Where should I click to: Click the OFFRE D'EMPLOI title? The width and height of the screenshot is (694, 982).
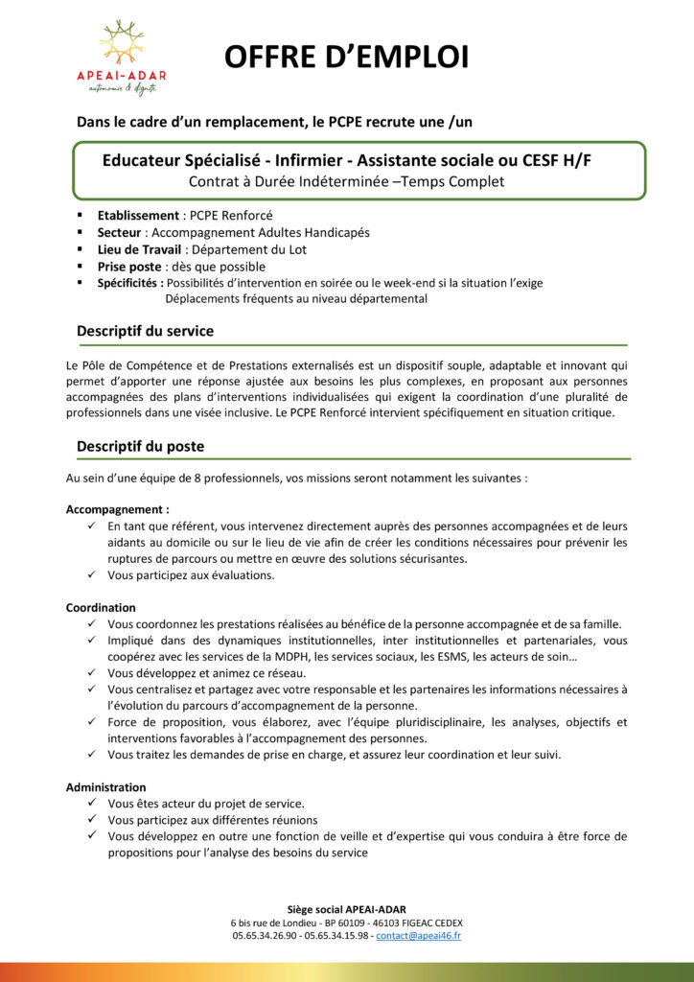tap(346, 58)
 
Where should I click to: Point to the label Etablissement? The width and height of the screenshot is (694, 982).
tap(138, 215)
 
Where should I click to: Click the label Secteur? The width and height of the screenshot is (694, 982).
tap(119, 232)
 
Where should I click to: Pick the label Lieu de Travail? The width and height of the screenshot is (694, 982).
tap(140, 249)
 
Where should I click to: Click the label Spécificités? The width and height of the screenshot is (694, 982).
tap(130, 283)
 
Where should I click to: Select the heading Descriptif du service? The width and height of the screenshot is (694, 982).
tap(145, 331)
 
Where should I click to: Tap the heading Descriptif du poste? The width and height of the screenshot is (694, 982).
tap(140, 446)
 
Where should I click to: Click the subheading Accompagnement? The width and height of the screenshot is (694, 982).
tap(117, 509)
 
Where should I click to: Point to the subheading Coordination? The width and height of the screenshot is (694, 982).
tap(101, 607)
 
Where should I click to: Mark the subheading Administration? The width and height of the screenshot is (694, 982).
tap(105, 786)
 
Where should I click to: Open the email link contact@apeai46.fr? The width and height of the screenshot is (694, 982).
tap(418, 935)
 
